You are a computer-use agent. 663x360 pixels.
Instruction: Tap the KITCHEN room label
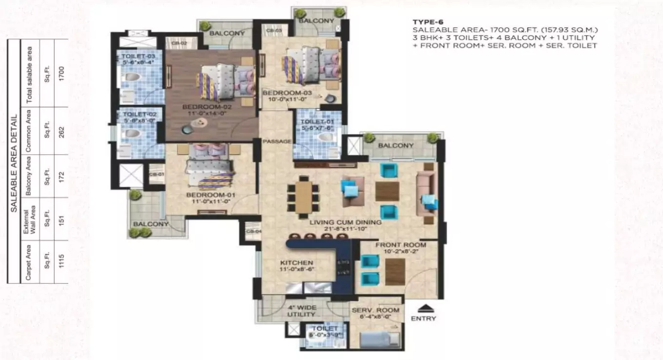coord(296,262)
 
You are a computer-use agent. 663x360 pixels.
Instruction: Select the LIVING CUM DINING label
coord(346,222)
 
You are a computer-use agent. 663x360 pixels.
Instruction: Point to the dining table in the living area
coord(303,196)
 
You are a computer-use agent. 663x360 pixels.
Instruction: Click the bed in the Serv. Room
coord(381,338)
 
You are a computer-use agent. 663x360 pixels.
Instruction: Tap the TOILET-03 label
coord(135,57)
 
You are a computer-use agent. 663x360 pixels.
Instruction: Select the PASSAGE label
coord(277,141)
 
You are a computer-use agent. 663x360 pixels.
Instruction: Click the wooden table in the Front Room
coord(395,272)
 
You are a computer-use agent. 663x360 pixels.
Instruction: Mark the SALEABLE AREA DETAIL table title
coord(15,163)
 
